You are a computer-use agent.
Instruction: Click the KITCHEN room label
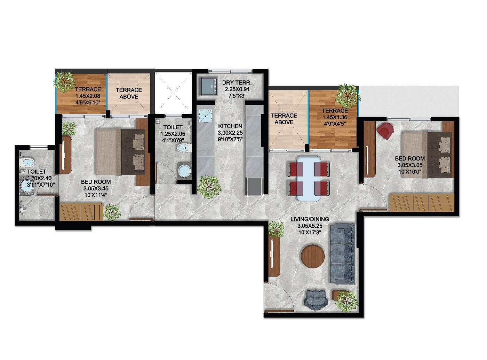[230, 126]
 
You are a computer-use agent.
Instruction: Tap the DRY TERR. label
[237, 83]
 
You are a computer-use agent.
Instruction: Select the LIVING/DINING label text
[310, 219]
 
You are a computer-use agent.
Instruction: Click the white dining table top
[309, 179]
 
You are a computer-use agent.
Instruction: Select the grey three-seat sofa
[342, 254]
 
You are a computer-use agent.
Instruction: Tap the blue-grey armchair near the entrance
[316, 299]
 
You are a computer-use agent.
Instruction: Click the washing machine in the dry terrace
[208, 86]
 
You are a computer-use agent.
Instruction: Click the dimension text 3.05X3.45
[96, 188]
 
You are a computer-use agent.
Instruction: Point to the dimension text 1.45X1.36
[334, 117]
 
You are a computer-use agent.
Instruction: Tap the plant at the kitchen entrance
[209, 187]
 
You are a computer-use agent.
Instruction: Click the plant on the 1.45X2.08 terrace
[64, 82]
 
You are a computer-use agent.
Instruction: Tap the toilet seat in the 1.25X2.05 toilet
[184, 148]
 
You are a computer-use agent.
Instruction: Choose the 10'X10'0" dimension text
[409, 172]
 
